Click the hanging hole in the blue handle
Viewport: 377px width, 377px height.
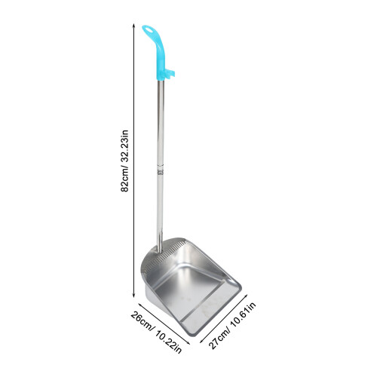click(x=148, y=29)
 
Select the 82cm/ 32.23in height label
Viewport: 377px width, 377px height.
click(x=124, y=161)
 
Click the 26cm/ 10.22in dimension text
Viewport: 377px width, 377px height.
click(x=156, y=333)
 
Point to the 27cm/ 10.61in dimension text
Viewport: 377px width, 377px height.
click(x=232, y=326)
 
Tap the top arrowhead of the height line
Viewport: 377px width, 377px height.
click(x=133, y=26)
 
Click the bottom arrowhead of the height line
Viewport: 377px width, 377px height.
click(x=133, y=296)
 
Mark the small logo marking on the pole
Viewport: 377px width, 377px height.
click(x=160, y=172)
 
